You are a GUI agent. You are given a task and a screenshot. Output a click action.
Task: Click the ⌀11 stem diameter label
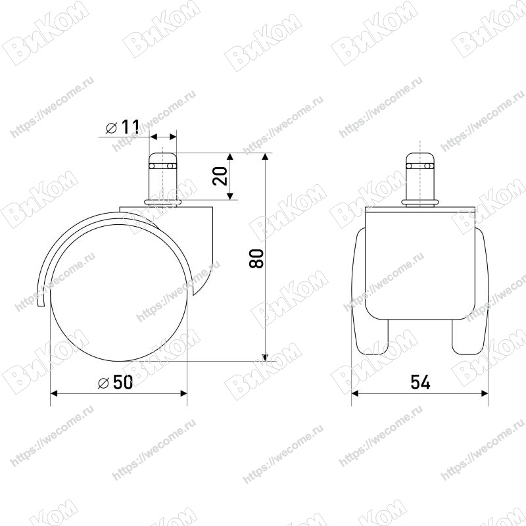pyautogui.click(x=122, y=127)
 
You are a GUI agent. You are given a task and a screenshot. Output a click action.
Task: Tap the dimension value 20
pyautogui.click(x=220, y=176)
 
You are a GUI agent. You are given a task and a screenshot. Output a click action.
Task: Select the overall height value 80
pyautogui.click(x=256, y=258)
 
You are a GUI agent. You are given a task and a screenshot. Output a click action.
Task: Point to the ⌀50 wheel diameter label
pyautogui.click(x=116, y=382)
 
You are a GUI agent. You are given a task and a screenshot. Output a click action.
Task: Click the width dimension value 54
pyautogui.click(x=420, y=382)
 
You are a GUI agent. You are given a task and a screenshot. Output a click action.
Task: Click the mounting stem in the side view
pyautogui.click(x=162, y=177)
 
